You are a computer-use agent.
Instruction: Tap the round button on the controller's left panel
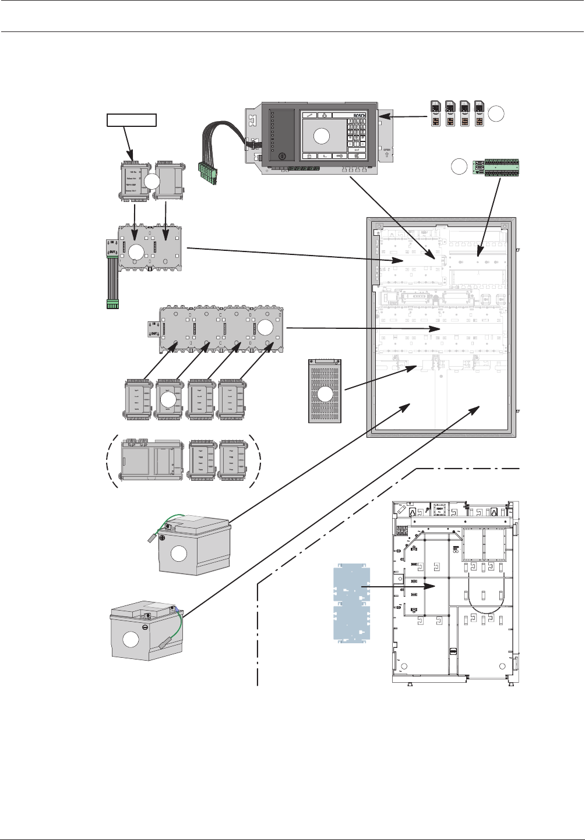pos(282,156)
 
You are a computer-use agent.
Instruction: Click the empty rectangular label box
pos(132,120)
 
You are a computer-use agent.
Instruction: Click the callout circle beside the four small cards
pos(496,114)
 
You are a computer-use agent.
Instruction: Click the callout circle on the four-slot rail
pos(265,327)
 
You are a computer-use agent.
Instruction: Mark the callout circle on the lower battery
pos(132,640)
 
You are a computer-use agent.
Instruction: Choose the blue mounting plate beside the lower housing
pos(351,604)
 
